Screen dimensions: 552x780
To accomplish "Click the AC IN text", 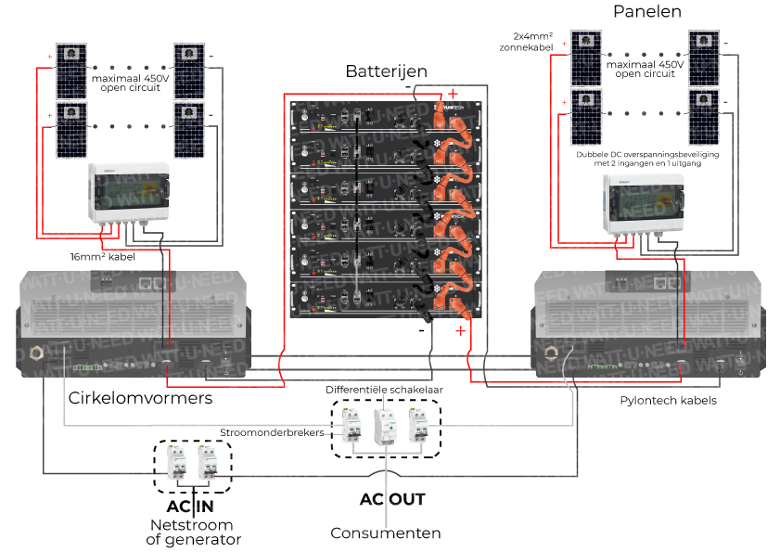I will pyautogui.click(x=190, y=507).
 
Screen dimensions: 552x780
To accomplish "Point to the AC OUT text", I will pyautogui.click(x=392, y=499).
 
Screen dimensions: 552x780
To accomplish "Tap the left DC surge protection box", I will pyautogui.click(x=128, y=193).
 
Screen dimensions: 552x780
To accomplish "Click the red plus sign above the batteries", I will pyautogui.click(x=453, y=93).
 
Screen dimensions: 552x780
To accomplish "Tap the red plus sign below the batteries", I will pyautogui.click(x=461, y=331).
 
